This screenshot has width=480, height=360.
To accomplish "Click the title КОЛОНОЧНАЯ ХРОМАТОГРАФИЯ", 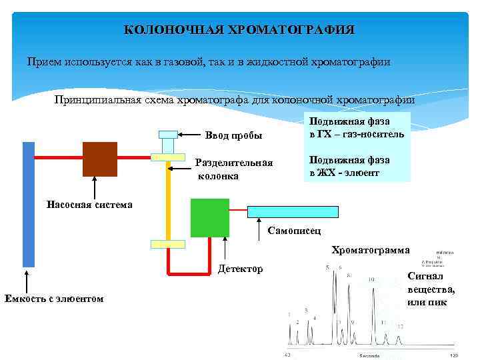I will click(x=239, y=30).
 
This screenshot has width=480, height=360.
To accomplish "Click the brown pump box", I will click(x=99, y=159).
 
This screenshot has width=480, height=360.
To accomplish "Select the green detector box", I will click(x=209, y=217).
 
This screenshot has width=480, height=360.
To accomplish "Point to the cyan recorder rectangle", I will click(x=293, y=211).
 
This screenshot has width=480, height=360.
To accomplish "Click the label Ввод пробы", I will click(x=233, y=136).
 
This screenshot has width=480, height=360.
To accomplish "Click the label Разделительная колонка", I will click(x=234, y=169).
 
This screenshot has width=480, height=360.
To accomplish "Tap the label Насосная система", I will click(x=89, y=205).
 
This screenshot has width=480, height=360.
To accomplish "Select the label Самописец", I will click(x=294, y=231).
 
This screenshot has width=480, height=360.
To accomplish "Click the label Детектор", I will click(x=241, y=269).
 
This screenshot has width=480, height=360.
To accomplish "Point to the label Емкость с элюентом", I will click(x=54, y=298).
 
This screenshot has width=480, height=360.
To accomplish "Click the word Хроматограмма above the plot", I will click(x=371, y=250).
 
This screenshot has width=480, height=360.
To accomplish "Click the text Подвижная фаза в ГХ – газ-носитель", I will click(x=356, y=127).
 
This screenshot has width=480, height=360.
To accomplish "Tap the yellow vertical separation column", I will click(x=168, y=200).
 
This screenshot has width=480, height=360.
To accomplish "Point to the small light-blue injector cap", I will click(x=168, y=134).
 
